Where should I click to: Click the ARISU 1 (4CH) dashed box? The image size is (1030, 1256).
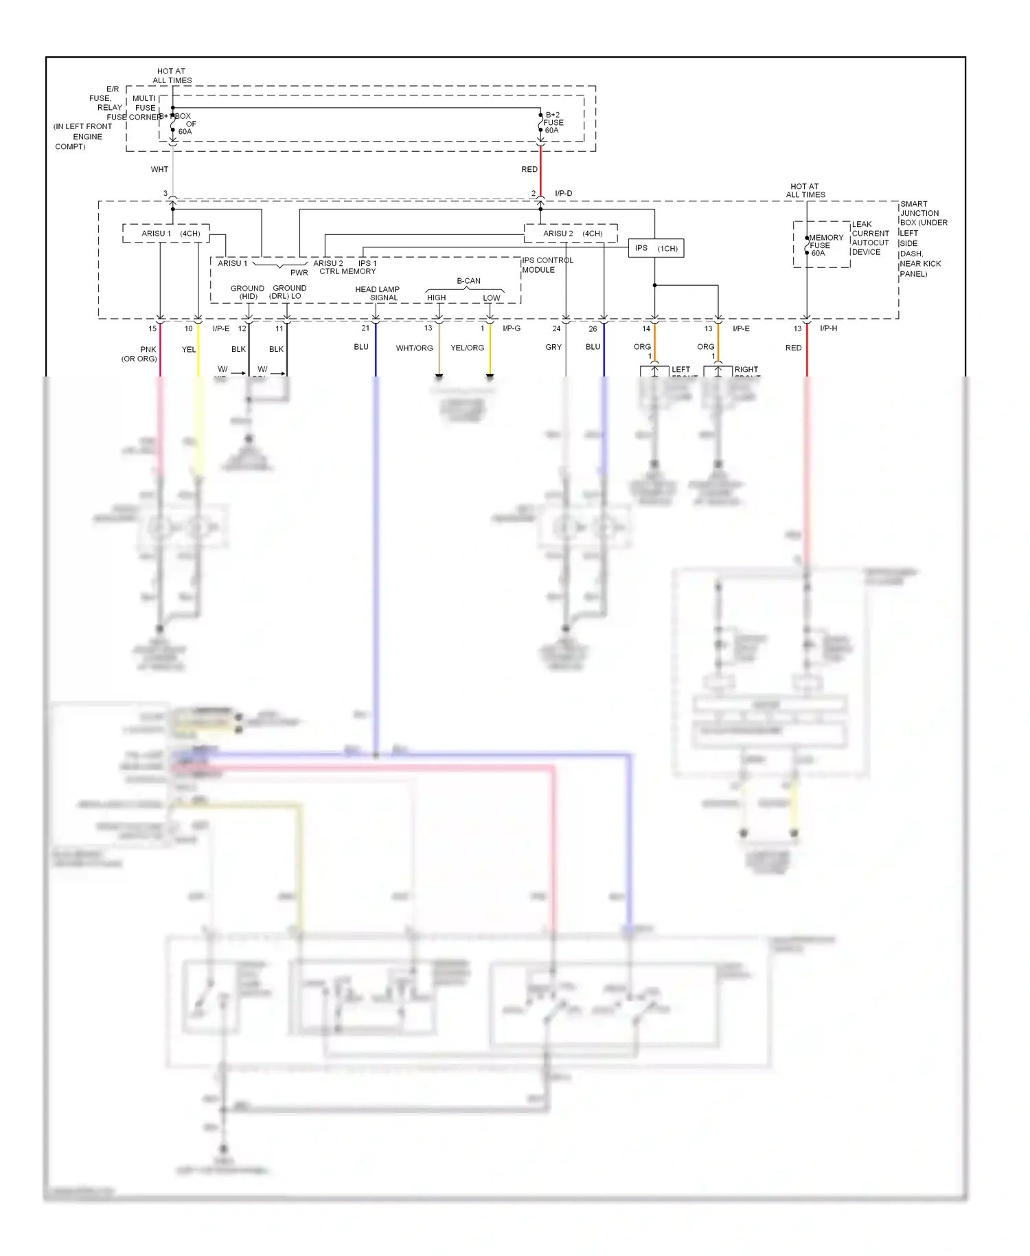[x=166, y=234]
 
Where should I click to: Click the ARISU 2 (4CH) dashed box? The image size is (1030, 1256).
[x=571, y=234]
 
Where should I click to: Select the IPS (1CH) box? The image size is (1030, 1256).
[x=656, y=248]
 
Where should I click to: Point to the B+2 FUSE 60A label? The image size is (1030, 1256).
[x=553, y=122]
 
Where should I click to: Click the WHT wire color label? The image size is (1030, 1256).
[x=159, y=169]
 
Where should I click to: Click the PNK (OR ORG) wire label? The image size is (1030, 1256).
[x=140, y=354]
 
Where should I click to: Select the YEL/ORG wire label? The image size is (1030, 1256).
[x=467, y=348]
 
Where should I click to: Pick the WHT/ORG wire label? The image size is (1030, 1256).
[x=414, y=348]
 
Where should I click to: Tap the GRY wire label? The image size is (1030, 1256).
[x=553, y=347]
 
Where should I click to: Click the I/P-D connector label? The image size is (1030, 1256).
[x=563, y=194]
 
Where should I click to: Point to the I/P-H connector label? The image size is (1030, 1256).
[x=828, y=328]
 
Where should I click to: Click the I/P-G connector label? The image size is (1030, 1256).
[x=512, y=328]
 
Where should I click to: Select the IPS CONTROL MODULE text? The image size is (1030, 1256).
[x=547, y=265]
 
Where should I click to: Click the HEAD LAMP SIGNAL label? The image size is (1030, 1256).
[x=378, y=293]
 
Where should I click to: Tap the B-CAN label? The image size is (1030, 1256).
[x=468, y=281]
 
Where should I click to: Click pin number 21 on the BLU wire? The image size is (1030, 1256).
[x=365, y=328]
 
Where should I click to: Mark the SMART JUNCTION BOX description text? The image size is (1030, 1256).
[x=923, y=238]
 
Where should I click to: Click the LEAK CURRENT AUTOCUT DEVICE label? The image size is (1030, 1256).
[x=870, y=238]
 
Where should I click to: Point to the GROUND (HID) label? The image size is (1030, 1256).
[x=247, y=292]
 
